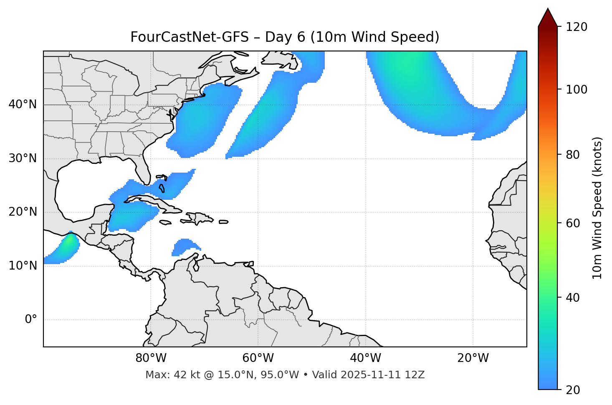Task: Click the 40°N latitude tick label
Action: coord(23,104)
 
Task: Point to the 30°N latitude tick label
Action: coord(23,158)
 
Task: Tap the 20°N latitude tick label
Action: coord(23,212)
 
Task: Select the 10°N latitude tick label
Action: coord(23,266)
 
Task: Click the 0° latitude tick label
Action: coord(31,320)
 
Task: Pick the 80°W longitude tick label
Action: coord(151,358)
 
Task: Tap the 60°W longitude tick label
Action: coord(258,358)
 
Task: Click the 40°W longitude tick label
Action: coord(366,358)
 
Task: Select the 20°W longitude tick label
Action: coord(473,358)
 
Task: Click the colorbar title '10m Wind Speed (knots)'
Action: coord(597,208)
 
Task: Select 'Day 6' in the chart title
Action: coord(285,37)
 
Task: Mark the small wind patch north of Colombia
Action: coord(182,247)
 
